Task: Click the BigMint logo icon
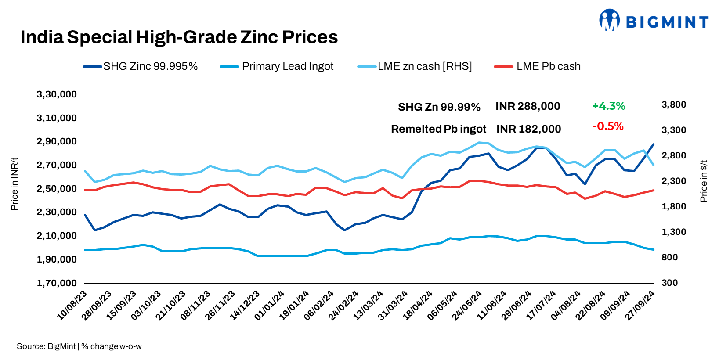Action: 610,20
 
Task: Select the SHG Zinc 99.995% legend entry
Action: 141,66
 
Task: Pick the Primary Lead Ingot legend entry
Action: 277,66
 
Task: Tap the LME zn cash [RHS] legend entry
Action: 415,66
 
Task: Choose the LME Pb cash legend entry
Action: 538,66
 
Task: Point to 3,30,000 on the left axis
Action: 57,94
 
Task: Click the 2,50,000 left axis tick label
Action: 57,189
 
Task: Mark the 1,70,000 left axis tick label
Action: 57,283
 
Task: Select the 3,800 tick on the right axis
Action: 674,104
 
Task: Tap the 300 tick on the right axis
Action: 669,283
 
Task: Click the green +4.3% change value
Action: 608,106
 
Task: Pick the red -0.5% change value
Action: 608,126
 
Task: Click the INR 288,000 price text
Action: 528,106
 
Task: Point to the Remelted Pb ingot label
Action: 438,129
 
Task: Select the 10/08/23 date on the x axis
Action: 72,306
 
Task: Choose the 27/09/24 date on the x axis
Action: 640,306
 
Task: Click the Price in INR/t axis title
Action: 14,184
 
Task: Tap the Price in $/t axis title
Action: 704,181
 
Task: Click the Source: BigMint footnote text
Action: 79,346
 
